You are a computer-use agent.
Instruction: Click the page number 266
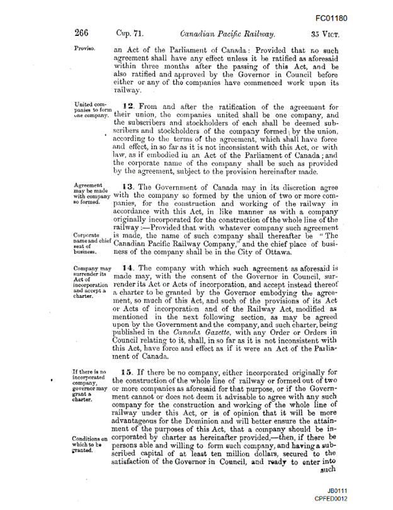[83, 33]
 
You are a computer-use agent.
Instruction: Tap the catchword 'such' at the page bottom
[328, 468]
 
